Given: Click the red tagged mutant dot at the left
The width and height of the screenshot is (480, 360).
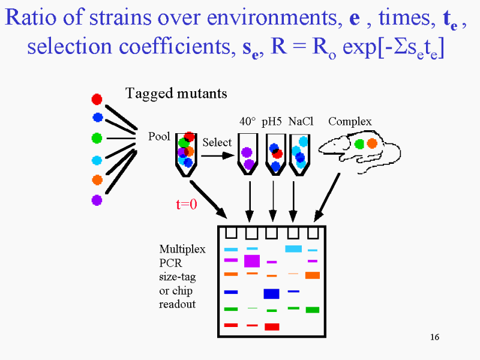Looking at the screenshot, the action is pyautogui.click(x=97, y=99).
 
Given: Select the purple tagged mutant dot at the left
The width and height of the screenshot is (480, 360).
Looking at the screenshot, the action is pyautogui.click(x=97, y=200).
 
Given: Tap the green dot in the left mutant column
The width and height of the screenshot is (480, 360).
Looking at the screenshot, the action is pyautogui.click(x=97, y=138).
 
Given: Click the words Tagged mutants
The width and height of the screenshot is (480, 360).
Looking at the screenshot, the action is pyautogui.click(x=176, y=94).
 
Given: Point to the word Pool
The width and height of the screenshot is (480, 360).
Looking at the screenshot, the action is pyautogui.click(x=159, y=136).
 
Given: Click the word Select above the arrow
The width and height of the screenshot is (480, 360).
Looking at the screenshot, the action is pyautogui.click(x=217, y=142).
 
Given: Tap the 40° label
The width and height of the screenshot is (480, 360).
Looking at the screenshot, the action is pyautogui.click(x=247, y=122).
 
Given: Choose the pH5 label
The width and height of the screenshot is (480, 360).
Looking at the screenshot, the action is pyautogui.click(x=272, y=122).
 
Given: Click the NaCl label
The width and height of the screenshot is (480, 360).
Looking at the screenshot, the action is pyautogui.click(x=301, y=122).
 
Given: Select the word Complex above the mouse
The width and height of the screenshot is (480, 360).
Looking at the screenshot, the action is pyautogui.click(x=350, y=122).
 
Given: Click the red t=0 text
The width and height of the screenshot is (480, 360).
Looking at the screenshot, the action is pyautogui.click(x=187, y=204).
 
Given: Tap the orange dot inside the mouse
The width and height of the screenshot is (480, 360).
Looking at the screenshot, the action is pyautogui.click(x=372, y=143).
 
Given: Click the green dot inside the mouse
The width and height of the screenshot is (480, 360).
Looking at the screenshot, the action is pyautogui.click(x=359, y=144).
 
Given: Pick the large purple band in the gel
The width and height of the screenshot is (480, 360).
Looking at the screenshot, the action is pyautogui.click(x=252, y=261).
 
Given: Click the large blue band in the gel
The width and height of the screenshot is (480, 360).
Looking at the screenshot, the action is pyautogui.click(x=272, y=294).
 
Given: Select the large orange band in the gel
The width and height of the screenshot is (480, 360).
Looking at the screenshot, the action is pyautogui.click(x=313, y=275).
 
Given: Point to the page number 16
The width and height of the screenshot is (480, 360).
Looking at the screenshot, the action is pyautogui.click(x=434, y=337).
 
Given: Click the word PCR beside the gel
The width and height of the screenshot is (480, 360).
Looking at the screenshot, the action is pyautogui.click(x=170, y=263).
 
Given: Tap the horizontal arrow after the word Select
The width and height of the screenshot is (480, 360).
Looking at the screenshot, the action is pyautogui.click(x=218, y=156).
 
